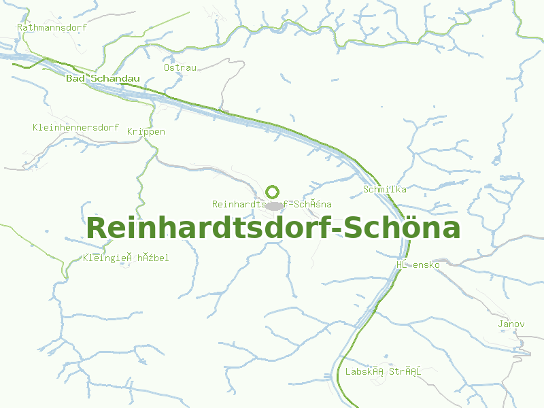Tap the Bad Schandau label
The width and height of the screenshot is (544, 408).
(x=103, y=79)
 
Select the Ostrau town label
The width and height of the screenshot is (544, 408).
(x=180, y=67)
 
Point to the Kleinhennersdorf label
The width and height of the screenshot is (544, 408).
(x=75, y=128)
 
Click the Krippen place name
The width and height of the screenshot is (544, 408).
(x=146, y=132)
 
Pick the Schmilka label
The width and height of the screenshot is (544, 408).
(x=385, y=189)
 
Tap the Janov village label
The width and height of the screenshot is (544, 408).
(x=511, y=324)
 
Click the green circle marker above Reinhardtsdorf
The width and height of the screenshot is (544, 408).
(x=273, y=192)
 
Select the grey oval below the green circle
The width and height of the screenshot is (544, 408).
(x=274, y=205)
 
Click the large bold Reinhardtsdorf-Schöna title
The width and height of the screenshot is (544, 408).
(x=273, y=228)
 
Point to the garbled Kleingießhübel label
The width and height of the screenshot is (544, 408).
(x=126, y=258)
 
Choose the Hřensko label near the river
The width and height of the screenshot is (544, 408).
(x=418, y=265)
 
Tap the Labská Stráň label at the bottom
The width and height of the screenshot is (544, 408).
(x=384, y=372)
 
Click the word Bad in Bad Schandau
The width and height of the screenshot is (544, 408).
(x=75, y=79)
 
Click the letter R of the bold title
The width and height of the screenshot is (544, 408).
(x=97, y=228)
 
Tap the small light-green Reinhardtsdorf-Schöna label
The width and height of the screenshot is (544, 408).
(x=272, y=204)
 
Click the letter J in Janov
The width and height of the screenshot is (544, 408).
(x=500, y=324)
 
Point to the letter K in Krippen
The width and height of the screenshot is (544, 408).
(x=130, y=132)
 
